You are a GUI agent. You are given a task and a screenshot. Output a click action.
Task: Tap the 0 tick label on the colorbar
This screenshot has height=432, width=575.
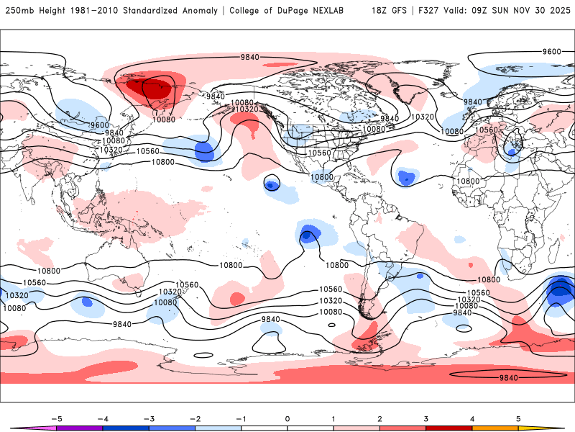point(287,418)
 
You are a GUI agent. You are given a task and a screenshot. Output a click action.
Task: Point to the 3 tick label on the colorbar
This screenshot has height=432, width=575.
point(425,418)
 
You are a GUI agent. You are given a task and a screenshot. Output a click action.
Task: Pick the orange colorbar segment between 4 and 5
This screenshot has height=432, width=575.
point(494,428)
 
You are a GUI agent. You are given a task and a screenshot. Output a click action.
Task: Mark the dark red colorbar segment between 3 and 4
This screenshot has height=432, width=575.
point(448,428)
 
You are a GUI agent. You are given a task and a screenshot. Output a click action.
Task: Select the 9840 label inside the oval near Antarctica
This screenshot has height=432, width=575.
point(508,377)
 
